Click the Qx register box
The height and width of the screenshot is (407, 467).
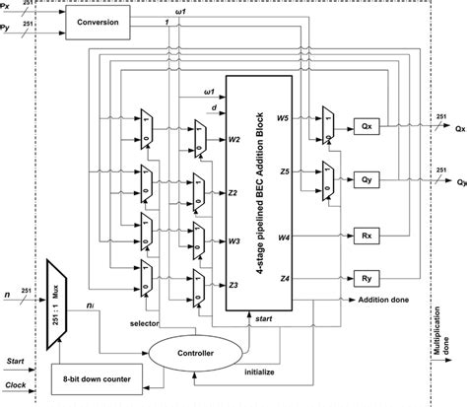(365, 127)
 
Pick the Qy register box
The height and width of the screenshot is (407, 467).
(365, 180)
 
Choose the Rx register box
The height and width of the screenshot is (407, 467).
(365, 237)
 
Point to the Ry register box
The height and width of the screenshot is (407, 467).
(365, 279)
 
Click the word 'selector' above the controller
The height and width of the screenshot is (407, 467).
(145, 321)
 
